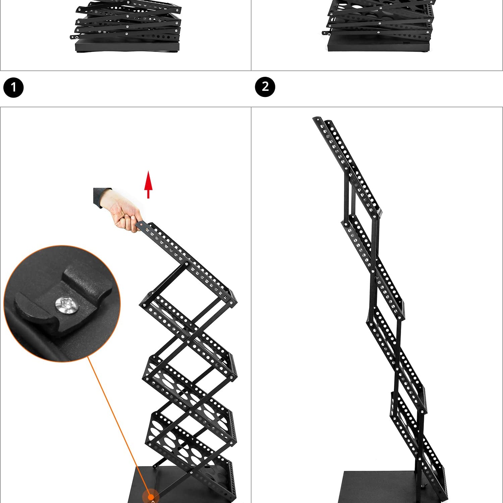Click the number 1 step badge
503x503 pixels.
13,88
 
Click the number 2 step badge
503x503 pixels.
265,87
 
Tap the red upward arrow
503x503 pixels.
148,184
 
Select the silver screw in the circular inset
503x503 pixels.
67,305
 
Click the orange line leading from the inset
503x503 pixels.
119,426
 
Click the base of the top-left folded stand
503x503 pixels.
127,46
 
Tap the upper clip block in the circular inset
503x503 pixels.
87,282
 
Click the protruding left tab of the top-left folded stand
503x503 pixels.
73,37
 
